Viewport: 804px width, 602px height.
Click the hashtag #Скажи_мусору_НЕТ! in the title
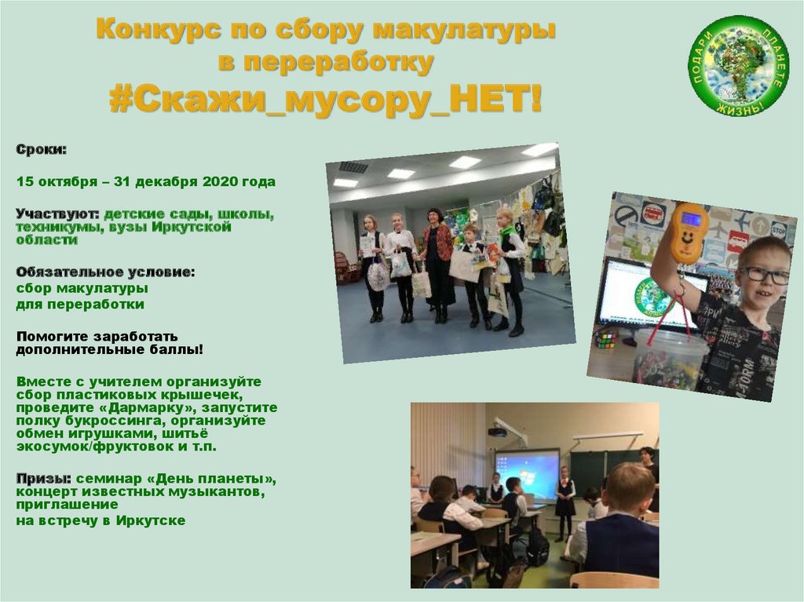coord(325,100)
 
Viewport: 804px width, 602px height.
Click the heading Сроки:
coord(42,149)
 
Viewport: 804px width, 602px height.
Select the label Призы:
coord(46,480)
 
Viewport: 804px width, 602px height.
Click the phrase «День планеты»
coord(220,480)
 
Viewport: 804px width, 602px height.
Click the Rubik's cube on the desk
coord(605,338)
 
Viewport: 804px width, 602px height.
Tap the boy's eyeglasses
coord(762,274)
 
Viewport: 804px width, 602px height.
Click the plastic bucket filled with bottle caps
coord(667,357)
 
